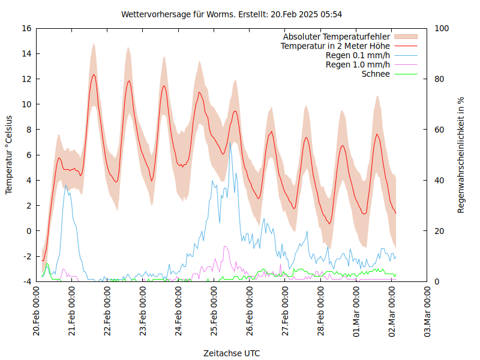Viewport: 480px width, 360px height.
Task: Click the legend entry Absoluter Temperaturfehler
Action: pos(337,37)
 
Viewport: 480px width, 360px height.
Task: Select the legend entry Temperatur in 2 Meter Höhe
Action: pos(335,46)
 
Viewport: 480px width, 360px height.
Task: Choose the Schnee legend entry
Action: pos(376,74)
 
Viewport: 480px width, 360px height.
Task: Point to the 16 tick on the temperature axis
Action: pos(26,28)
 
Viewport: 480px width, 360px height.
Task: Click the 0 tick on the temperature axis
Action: pos(29,231)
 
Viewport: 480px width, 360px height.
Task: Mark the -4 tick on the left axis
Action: pos(27,281)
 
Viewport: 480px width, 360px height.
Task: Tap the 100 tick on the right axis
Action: pos(441,28)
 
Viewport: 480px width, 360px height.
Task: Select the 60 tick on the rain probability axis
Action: pos(439,130)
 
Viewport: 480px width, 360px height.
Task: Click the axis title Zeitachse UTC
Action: pos(232,353)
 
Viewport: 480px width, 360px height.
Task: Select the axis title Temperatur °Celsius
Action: pos(9,154)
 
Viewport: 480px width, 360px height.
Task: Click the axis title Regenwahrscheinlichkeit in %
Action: pos(461,154)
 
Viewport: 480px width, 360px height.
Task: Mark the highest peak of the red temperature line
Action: pos(94,74)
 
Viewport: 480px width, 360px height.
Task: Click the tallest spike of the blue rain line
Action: pos(230,143)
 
